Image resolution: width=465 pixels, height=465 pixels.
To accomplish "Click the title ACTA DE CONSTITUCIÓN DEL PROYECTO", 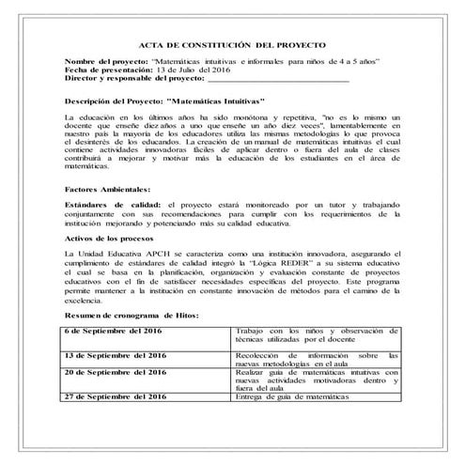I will tap(232, 44).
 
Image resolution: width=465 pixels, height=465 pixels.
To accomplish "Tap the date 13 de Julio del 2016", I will tap(194, 70).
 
